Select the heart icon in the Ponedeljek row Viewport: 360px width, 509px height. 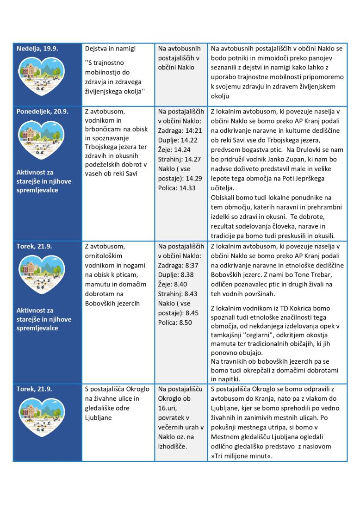tap(48, 141)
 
